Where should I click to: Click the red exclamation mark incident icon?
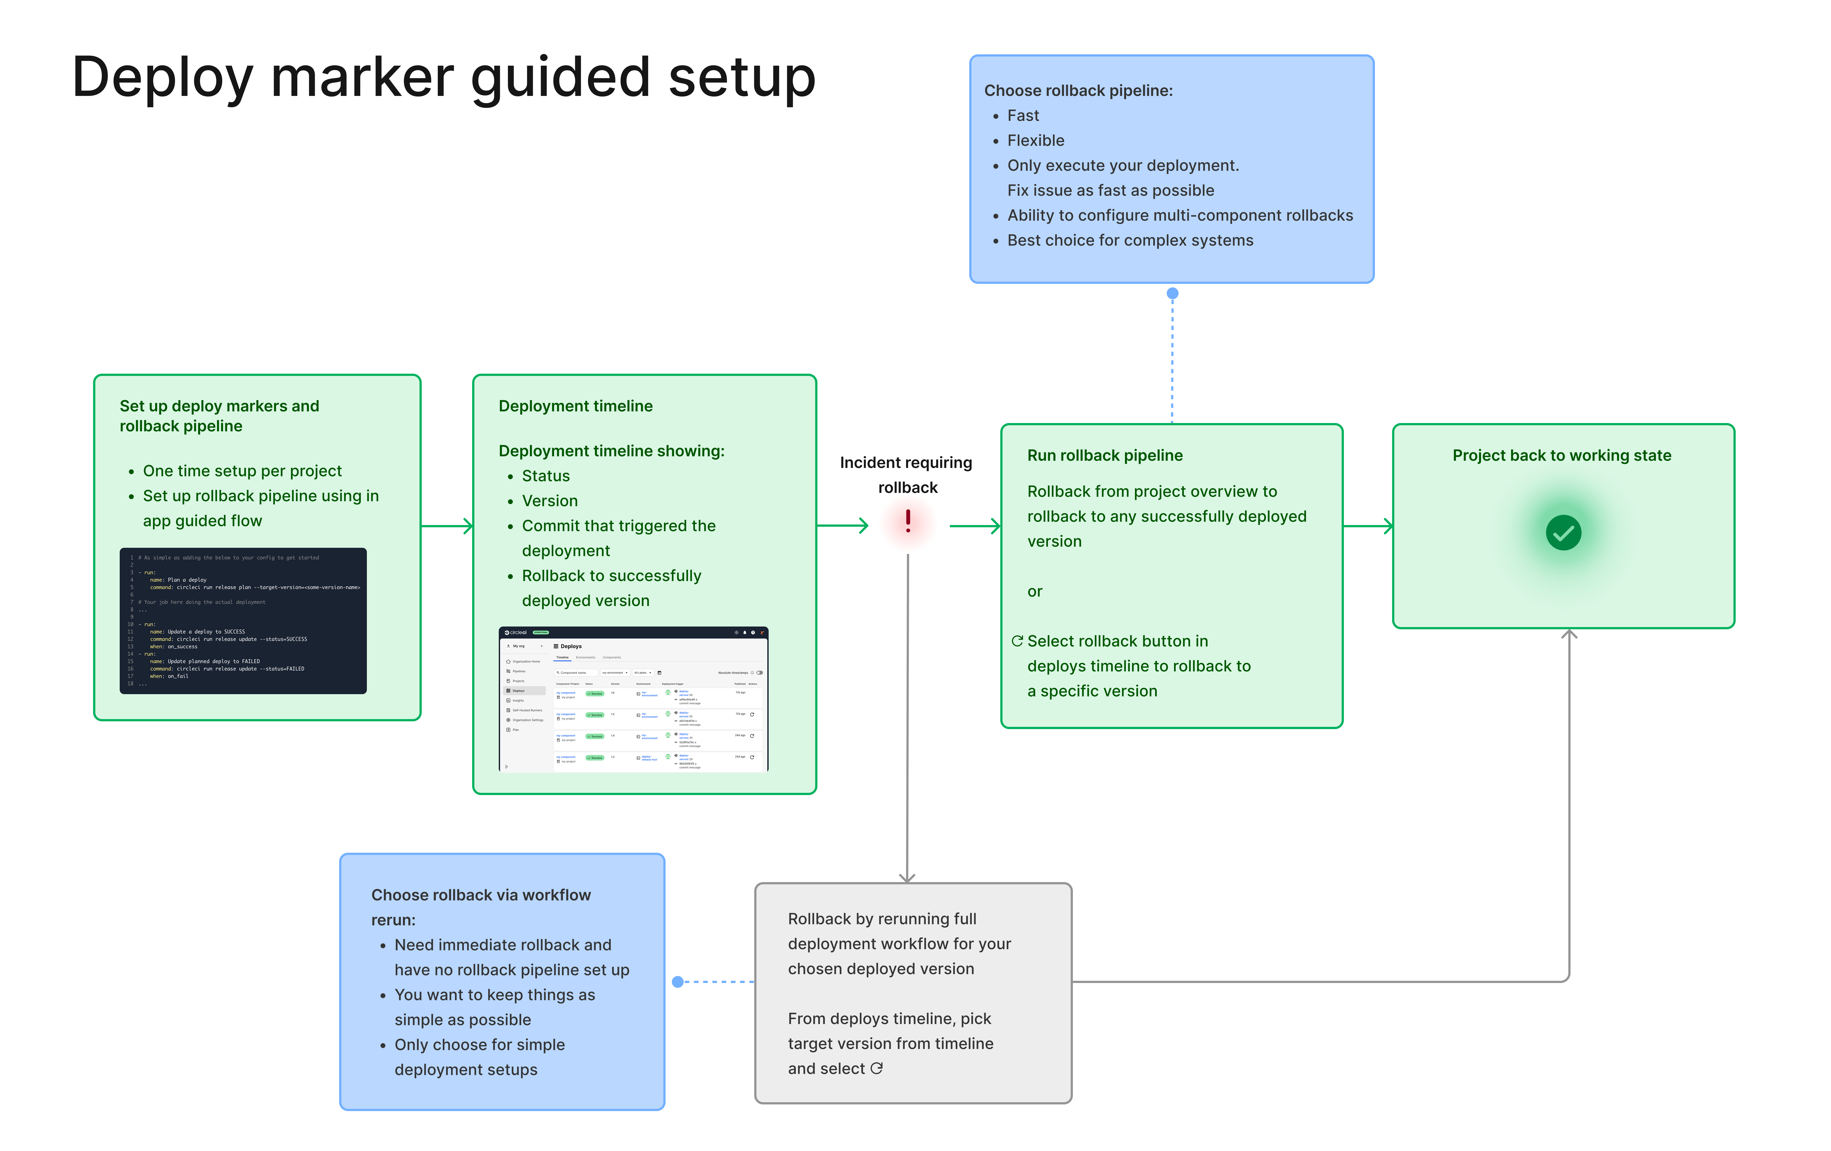(908, 522)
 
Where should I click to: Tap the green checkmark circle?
(1563, 533)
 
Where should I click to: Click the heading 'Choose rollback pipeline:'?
(1078, 91)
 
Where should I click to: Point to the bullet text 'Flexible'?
(1036, 141)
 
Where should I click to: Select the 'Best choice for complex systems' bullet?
(1130, 240)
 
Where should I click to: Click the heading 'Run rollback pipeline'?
(1105, 456)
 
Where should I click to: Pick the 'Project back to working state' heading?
(1562, 456)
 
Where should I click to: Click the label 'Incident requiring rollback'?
(906, 475)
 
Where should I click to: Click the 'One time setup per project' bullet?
(242, 471)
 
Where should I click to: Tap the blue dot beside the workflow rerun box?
(677, 982)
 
